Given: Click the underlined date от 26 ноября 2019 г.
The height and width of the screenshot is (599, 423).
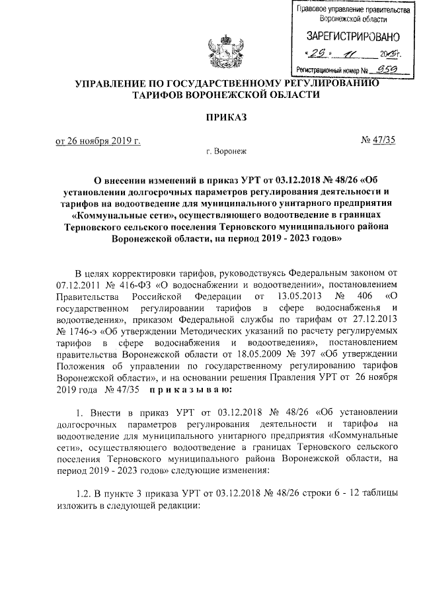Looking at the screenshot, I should [x=98, y=140].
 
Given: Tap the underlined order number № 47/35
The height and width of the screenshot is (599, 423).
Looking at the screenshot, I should [x=378, y=140].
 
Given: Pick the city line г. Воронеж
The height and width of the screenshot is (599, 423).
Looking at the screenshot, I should [x=225, y=152].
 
